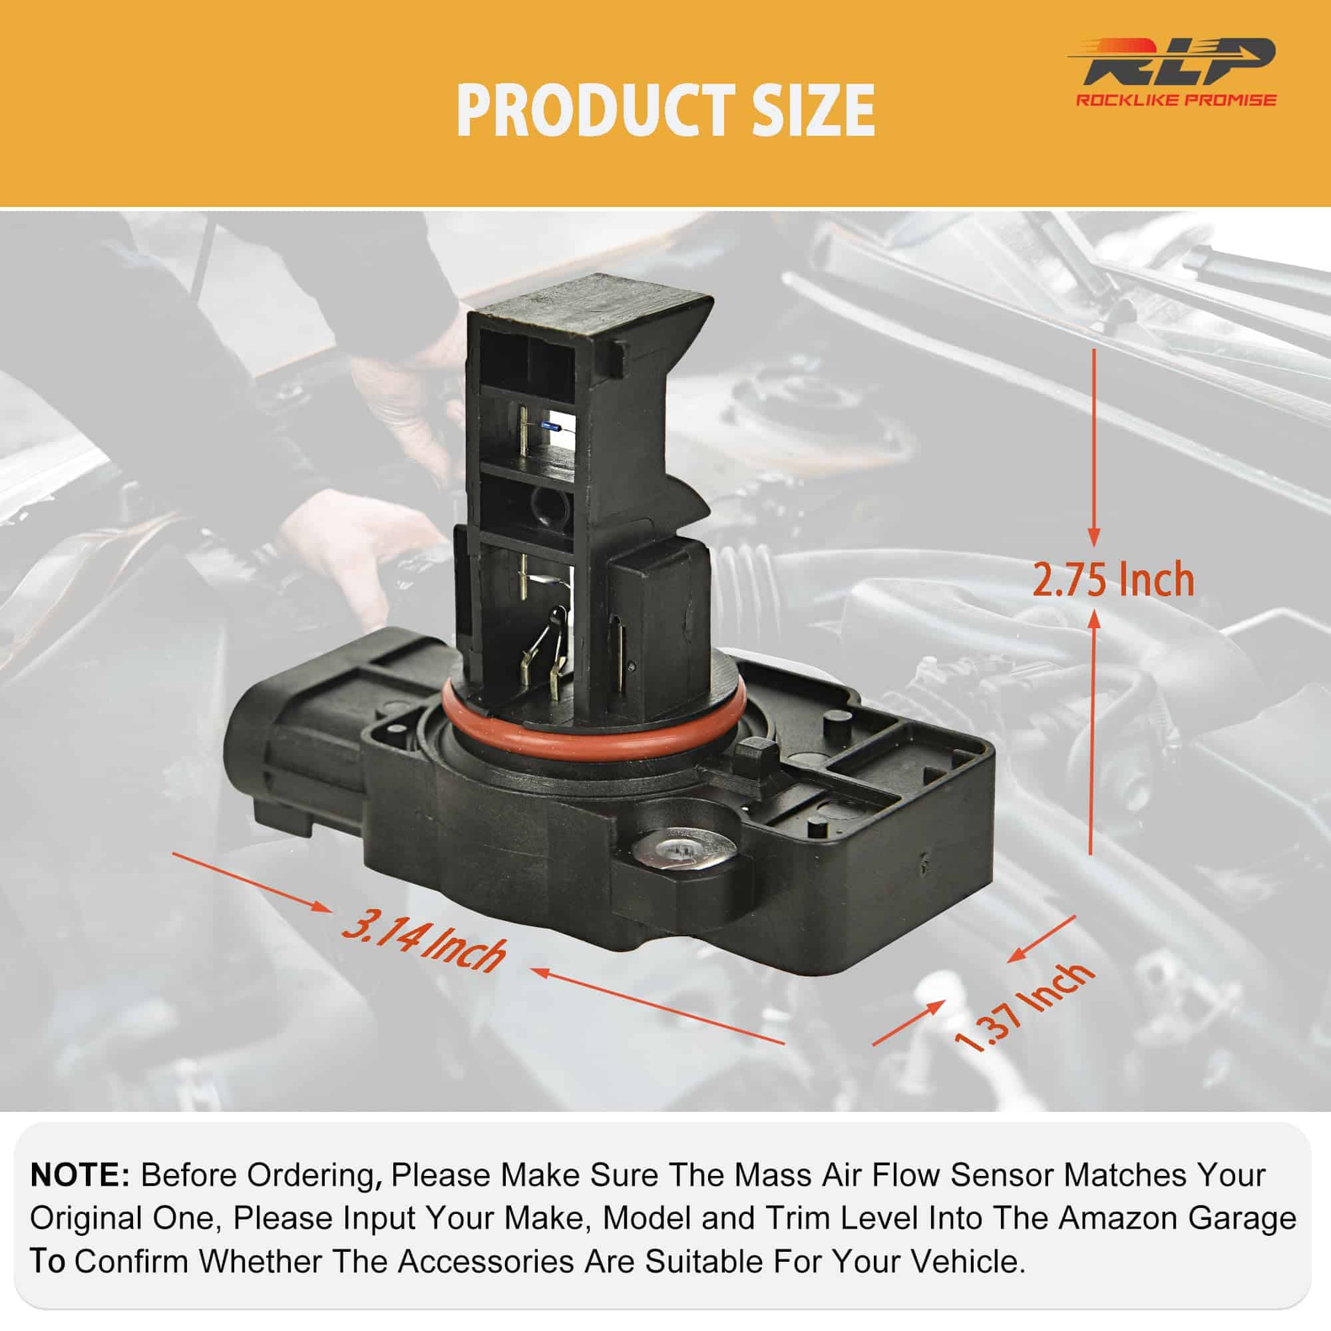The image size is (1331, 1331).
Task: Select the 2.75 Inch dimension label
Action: [1113, 580]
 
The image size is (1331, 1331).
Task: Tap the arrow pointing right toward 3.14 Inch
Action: [252, 882]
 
